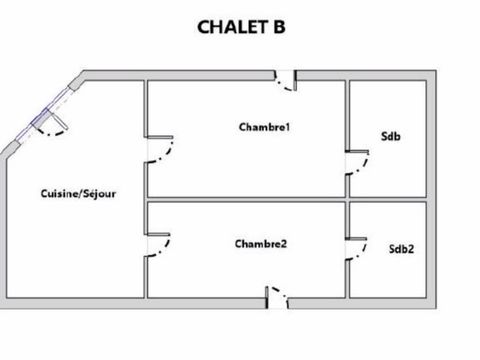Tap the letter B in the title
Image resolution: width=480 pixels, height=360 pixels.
[x=277, y=27]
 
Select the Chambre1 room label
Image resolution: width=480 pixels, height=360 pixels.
[x=264, y=127]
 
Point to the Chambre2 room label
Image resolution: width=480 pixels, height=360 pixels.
[x=262, y=243]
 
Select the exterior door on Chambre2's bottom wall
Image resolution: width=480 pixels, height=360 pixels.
[x=275, y=295]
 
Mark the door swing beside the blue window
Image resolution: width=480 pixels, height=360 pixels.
[x=58, y=127]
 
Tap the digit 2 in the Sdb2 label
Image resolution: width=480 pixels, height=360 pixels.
[x=410, y=248]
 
